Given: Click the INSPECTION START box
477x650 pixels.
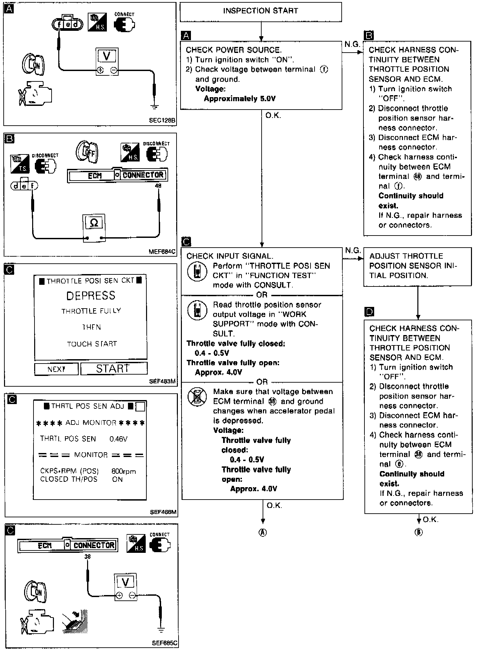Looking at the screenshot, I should click(261, 11).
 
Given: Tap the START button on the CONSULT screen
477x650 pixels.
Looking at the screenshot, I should click(114, 369).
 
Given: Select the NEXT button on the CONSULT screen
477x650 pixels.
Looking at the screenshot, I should click(56, 369).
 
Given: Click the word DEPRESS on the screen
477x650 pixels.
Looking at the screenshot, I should click(91, 296).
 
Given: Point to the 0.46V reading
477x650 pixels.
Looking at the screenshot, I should click(118, 439).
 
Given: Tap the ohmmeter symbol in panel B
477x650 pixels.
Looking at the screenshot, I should click(94, 223).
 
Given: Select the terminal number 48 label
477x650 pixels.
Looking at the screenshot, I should click(158, 186).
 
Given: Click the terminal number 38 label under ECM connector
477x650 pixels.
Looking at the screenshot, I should click(87, 557).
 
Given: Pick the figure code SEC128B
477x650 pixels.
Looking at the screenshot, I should click(162, 120).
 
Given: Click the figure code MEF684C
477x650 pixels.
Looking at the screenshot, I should click(162, 251).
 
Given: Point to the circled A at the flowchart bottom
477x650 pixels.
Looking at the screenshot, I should click(263, 533).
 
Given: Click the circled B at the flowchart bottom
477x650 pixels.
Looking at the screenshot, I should click(418, 532).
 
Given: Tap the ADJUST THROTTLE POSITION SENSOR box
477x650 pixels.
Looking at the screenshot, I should click(417, 266).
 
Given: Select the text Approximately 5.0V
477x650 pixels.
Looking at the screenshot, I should click(240, 99).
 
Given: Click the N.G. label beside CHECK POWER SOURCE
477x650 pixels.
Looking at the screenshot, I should click(352, 44).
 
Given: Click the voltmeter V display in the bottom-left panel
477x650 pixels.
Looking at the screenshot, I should click(125, 583).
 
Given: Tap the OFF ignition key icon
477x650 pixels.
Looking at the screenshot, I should click(87, 153).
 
